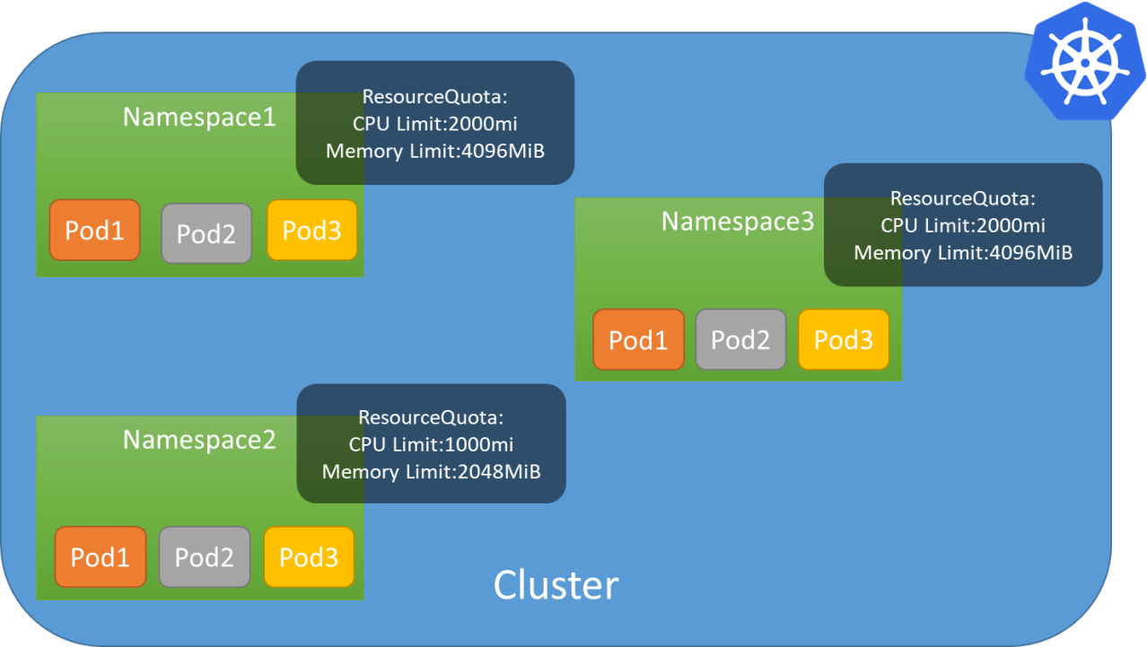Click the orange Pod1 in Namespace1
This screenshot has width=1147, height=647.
click(94, 231)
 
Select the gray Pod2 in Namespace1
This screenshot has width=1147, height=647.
click(206, 233)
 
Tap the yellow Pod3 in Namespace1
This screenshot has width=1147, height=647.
click(312, 231)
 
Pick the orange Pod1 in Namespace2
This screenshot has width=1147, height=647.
click(101, 557)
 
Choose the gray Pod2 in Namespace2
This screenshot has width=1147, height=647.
click(205, 557)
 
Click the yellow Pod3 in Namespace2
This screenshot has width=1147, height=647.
click(309, 557)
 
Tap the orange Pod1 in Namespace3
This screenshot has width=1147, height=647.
click(638, 340)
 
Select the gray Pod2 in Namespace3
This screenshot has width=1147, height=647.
click(740, 340)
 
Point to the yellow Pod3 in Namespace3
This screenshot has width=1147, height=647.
click(843, 340)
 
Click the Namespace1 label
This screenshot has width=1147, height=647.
click(199, 118)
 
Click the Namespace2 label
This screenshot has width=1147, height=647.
click(199, 440)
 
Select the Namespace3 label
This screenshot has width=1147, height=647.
click(738, 221)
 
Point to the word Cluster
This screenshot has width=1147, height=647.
click(556, 585)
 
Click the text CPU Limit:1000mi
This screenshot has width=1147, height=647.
click(431, 444)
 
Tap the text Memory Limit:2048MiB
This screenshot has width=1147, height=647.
click(431, 471)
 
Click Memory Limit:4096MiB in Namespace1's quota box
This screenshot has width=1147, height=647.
click(435, 150)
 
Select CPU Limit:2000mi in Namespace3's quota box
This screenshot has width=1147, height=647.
click(963, 225)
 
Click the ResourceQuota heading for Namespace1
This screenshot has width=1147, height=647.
click(434, 96)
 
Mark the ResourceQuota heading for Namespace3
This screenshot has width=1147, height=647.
click(963, 198)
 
